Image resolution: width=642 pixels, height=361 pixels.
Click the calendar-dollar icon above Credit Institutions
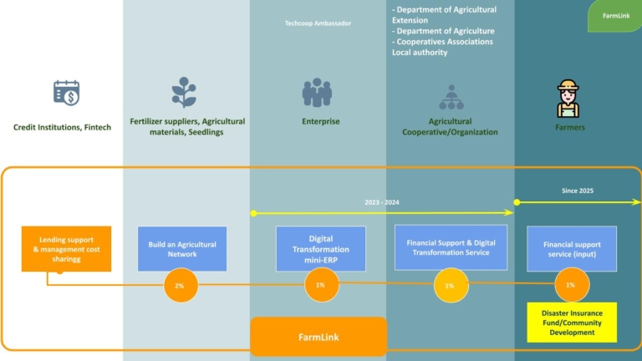point(66,93)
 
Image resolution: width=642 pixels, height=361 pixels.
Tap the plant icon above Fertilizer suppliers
point(183,92)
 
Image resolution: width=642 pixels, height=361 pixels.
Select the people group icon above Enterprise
point(318,93)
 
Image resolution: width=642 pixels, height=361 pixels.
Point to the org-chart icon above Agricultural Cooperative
point(451,96)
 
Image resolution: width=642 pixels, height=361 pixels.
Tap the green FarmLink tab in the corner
point(616,16)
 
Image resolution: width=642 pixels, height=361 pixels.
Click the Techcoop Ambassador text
point(318,23)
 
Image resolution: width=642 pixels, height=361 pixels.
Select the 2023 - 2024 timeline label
point(383,202)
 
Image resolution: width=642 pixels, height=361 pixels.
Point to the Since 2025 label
point(577,191)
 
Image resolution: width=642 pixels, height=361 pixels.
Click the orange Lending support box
point(66,248)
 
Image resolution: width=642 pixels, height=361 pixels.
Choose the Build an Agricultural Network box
point(182,248)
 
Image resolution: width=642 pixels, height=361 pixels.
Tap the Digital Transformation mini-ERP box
point(320,248)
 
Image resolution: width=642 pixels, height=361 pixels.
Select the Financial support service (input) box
point(572,248)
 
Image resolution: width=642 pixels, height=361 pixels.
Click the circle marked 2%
point(180,285)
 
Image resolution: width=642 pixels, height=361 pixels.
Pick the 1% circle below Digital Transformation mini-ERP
point(320,285)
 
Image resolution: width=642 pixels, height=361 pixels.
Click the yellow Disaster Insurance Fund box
point(572,322)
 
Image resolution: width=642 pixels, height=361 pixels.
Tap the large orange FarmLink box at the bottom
point(318,337)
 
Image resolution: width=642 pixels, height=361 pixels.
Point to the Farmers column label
point(570,128)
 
